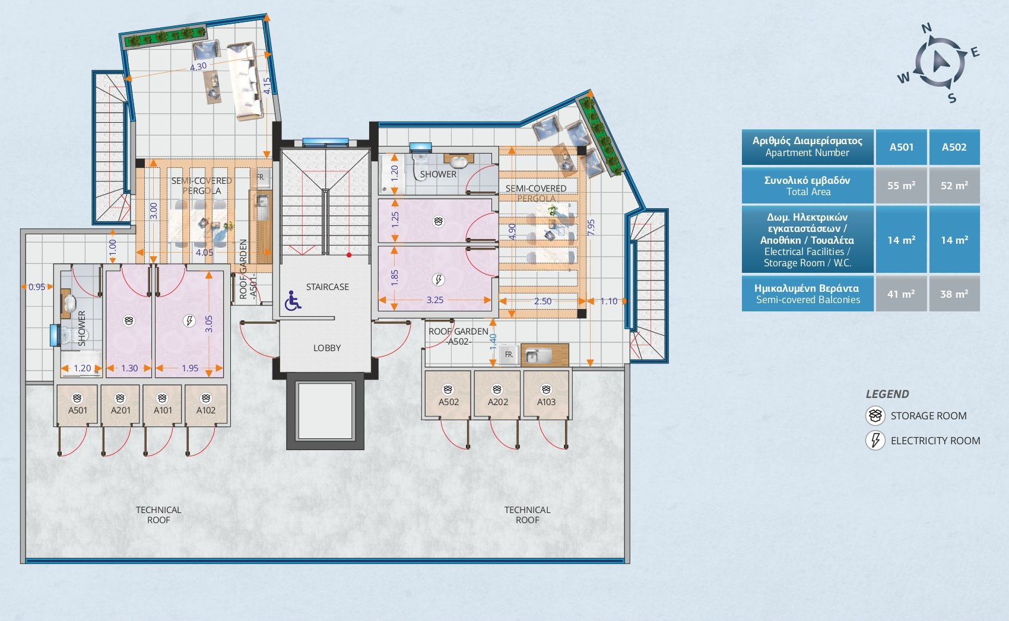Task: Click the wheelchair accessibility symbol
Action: point(293,301)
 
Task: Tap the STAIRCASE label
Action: point(328,287)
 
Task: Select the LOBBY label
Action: point(327,348)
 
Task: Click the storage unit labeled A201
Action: point(120,405)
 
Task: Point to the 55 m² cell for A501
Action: point(902,186)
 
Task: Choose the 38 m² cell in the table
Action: point(954,294)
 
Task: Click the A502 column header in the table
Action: point(954,147)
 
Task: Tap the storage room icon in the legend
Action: point(875,416)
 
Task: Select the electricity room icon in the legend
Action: point(875,441)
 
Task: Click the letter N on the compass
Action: point(926,28)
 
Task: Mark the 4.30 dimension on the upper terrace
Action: point(198,66)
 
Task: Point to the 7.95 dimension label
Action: point(591,227)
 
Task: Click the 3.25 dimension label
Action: point(435,300)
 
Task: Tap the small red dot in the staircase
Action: point(348,255)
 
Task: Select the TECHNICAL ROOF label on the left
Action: point(158,515)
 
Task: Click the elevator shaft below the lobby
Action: point(325,411)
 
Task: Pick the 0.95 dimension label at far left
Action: point(37,287)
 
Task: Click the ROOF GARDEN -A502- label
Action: point(458,336)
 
